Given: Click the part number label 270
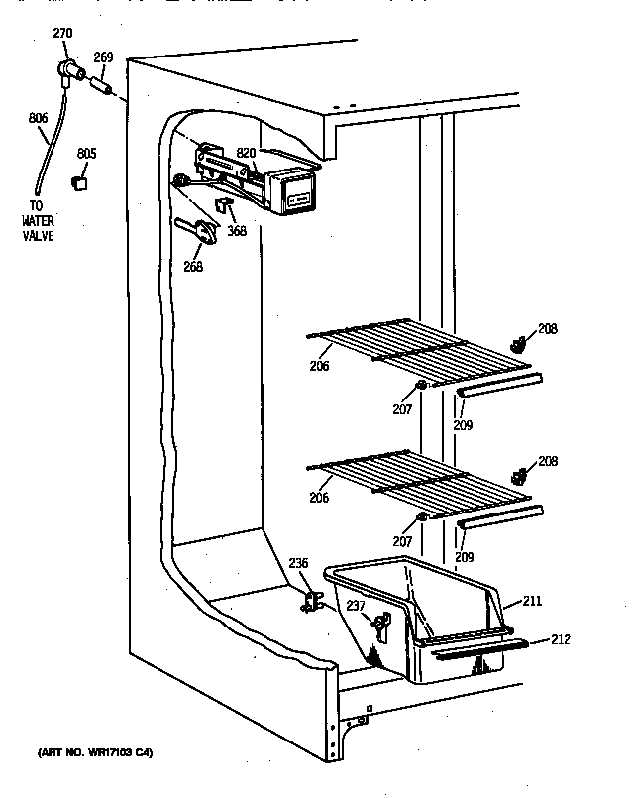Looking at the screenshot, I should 61,34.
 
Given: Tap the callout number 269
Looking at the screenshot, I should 103,58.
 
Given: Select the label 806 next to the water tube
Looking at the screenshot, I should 38,118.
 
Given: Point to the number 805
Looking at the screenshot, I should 87,154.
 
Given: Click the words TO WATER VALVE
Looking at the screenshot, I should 39,223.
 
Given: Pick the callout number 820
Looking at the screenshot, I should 246,154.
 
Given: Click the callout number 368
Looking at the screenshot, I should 237,232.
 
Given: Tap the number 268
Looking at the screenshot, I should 192,266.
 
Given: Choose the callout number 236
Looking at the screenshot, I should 298,564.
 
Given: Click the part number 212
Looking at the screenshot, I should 561,639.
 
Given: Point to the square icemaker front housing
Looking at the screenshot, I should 295,192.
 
